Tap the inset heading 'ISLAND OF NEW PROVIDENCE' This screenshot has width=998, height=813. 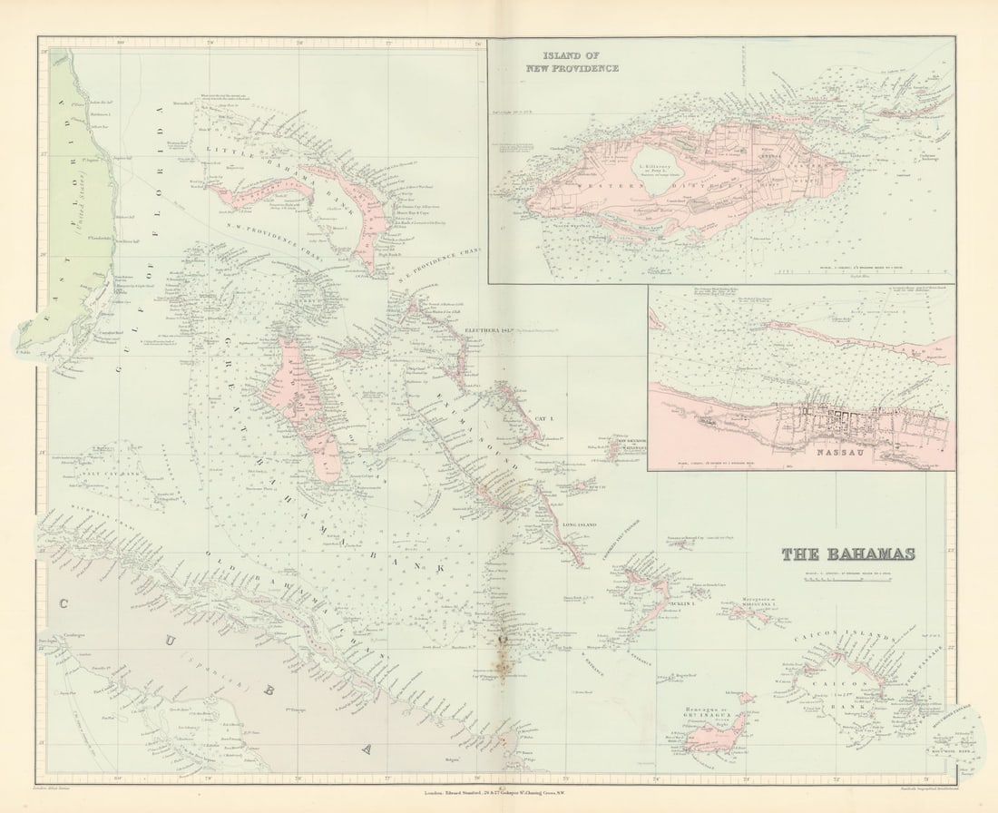(574, 62)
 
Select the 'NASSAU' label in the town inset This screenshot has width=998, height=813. (835, 451)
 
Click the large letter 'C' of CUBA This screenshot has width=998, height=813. (65, 602)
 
